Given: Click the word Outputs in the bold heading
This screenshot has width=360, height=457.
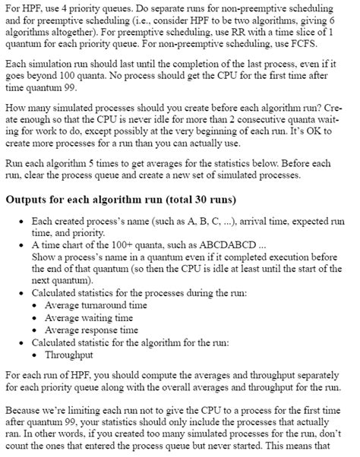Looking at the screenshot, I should point(30,200).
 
